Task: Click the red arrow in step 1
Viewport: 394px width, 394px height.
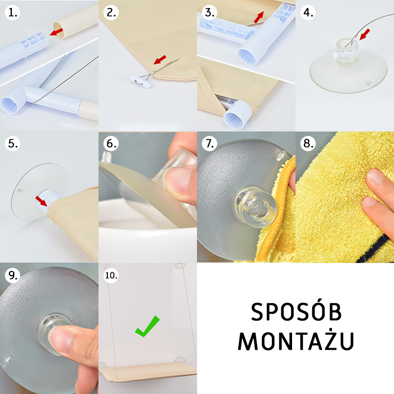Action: click(x=56, y=32)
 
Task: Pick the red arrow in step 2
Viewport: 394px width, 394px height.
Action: click(x=160, y=60)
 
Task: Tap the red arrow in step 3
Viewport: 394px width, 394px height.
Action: click(x=259, y=17)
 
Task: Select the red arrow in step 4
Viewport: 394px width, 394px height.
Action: click(x=365, y=34)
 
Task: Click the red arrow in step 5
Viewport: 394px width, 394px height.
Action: click(x=41, y=201)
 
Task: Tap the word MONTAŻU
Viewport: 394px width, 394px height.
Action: click(x=296, y=340)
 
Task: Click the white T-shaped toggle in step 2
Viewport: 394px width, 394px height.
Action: click(x=141, y=81)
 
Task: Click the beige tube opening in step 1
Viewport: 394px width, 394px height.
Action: click(x=59, y=31)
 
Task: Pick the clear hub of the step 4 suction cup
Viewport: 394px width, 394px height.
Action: click(x=347, y=52)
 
